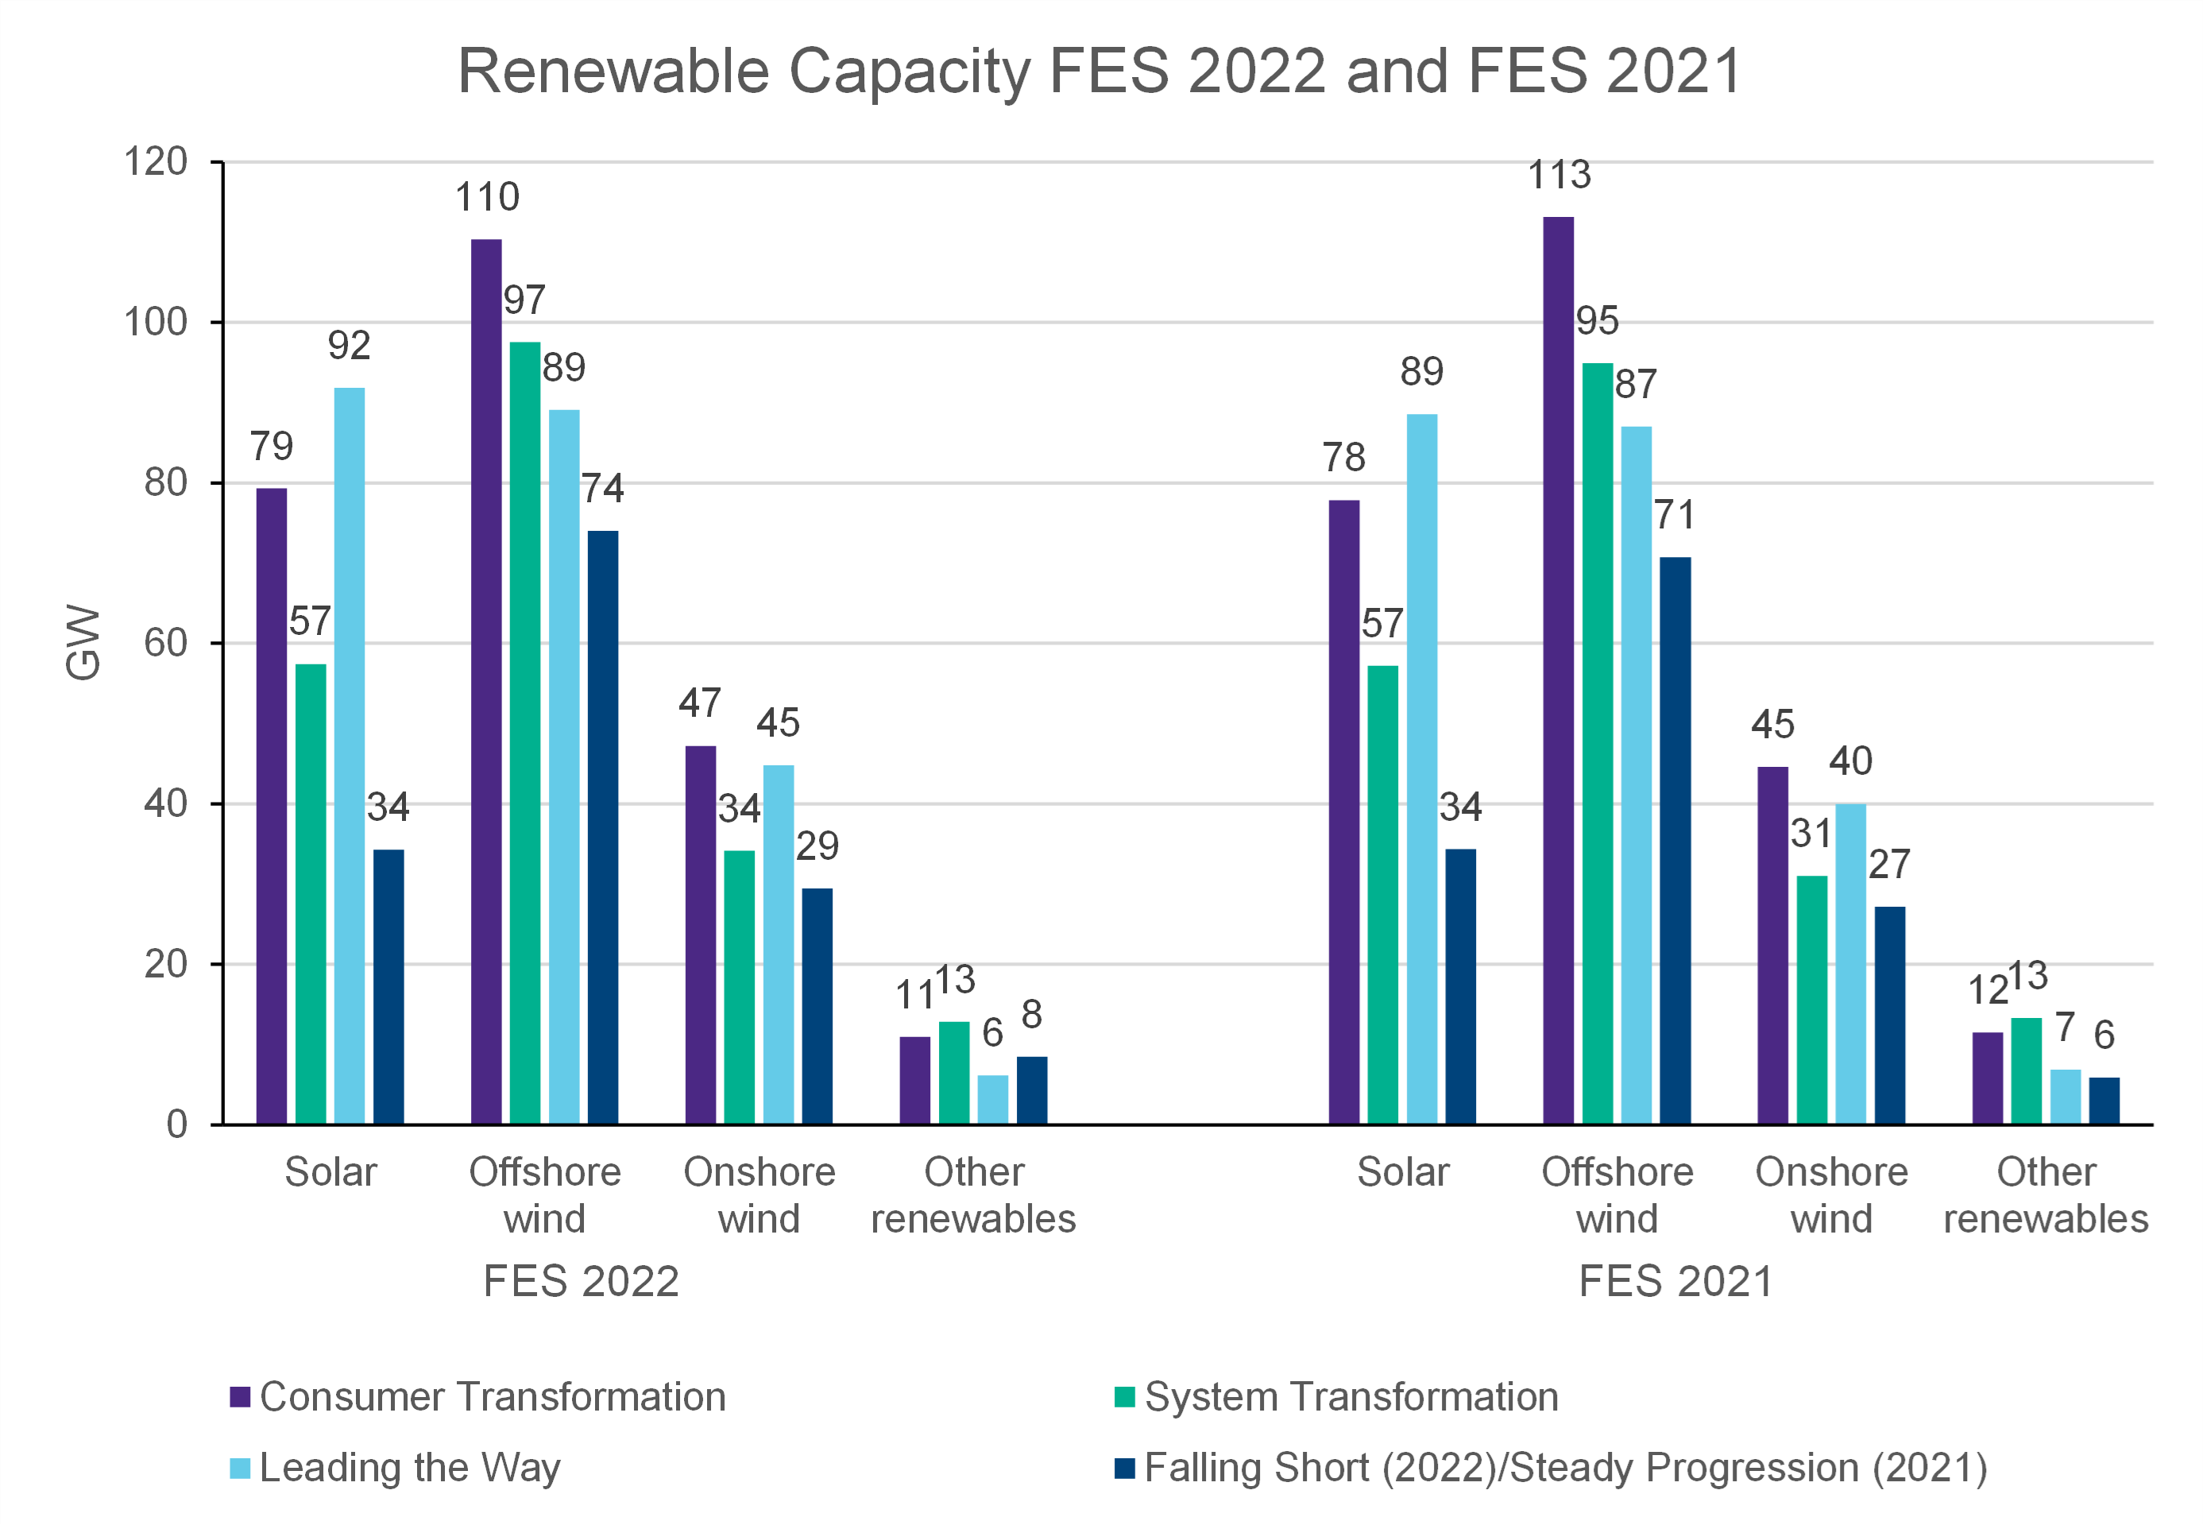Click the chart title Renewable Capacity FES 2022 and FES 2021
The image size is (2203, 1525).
pyautogui.click(x=1100, y=71)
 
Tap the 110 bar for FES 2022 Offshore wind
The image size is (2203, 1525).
pyautogui.click(x=485, y=680)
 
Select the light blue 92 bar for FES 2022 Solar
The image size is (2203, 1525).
pyautogui.click(x=349, y=755)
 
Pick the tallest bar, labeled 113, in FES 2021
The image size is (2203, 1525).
pyautogui.click(x=1558, y=669)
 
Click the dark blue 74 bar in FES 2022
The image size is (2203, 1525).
pyautogui.click(x=602, y=826)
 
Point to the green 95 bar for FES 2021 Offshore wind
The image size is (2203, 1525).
pyautogui.click(x=1598, y=742)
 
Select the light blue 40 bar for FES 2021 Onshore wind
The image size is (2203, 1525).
pyautogui.click(x=1850, y=963)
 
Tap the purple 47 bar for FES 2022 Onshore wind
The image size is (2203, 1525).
pyautogui.click(x=700, y=935)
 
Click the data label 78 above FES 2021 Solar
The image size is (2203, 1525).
pyautogui.click(x=1343, y=458)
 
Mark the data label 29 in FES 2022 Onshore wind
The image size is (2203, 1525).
pyautogui.click(x=817, y=846)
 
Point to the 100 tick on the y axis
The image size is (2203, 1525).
pyautogui.click(x=155, y=322)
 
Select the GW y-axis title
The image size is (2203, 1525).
pyautogui.click(x=83, y=642)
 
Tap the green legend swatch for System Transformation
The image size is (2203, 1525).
pyautogui.click(x=1124, y=1397)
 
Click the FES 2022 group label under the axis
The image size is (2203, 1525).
pyautogui.click(x=581, y=1281)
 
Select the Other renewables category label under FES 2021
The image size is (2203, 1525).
pyautogui.click(x=2046, y=1195)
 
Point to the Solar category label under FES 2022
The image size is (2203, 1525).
pyautogui.click(x=330, y=1172)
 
